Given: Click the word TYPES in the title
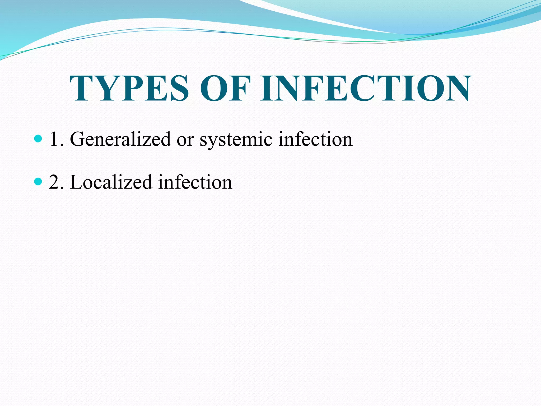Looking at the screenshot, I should coord(129,88).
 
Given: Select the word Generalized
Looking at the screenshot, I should coord(120,139).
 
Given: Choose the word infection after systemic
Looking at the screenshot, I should coord(315,139).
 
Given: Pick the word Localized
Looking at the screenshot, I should coord(111,182).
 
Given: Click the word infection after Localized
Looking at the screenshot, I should coord(195,182).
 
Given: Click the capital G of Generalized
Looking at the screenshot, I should coord(77,139).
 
